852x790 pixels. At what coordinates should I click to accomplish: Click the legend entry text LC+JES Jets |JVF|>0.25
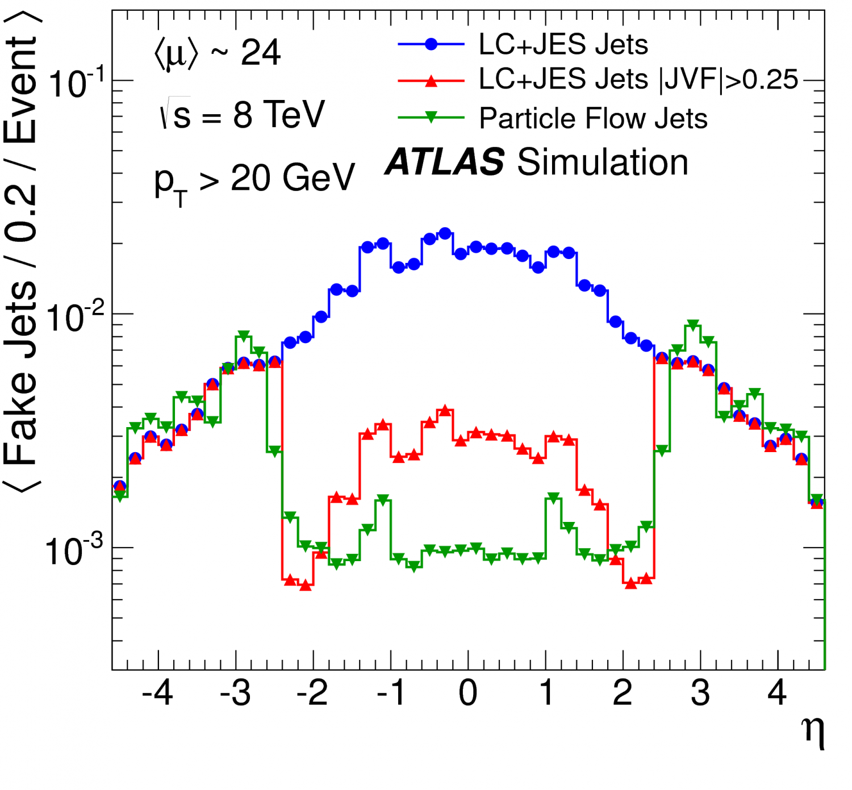[x=638, y=80]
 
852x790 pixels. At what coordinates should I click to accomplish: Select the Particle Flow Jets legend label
[x=593, y=119]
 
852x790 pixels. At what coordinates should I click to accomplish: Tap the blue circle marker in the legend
[x=431, y=44]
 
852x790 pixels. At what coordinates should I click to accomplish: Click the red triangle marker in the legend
[x=431, y=81]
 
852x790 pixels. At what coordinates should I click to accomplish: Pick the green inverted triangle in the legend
[x=431, y=118]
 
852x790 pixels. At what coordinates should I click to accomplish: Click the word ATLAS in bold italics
[x=445, y=162]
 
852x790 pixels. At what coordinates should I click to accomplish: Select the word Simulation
[x=603, y=162]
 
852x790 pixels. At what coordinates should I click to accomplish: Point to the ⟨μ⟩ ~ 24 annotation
[x=217, y=53]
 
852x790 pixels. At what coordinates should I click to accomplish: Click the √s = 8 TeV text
[x=241, y=114]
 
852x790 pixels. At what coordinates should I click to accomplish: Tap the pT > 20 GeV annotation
[x=254, y=181]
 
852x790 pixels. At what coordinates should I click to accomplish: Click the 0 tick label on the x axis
[x=468, y=692]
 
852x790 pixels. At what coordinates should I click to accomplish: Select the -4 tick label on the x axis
[x=157, y=692]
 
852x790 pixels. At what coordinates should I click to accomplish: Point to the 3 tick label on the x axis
[x=700, y=692]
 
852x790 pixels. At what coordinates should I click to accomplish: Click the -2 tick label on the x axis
[x=312, y=692]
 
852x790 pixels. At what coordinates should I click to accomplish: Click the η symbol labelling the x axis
[x=813, y=732]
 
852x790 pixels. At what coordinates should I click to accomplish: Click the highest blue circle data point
[x=445, y=233]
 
